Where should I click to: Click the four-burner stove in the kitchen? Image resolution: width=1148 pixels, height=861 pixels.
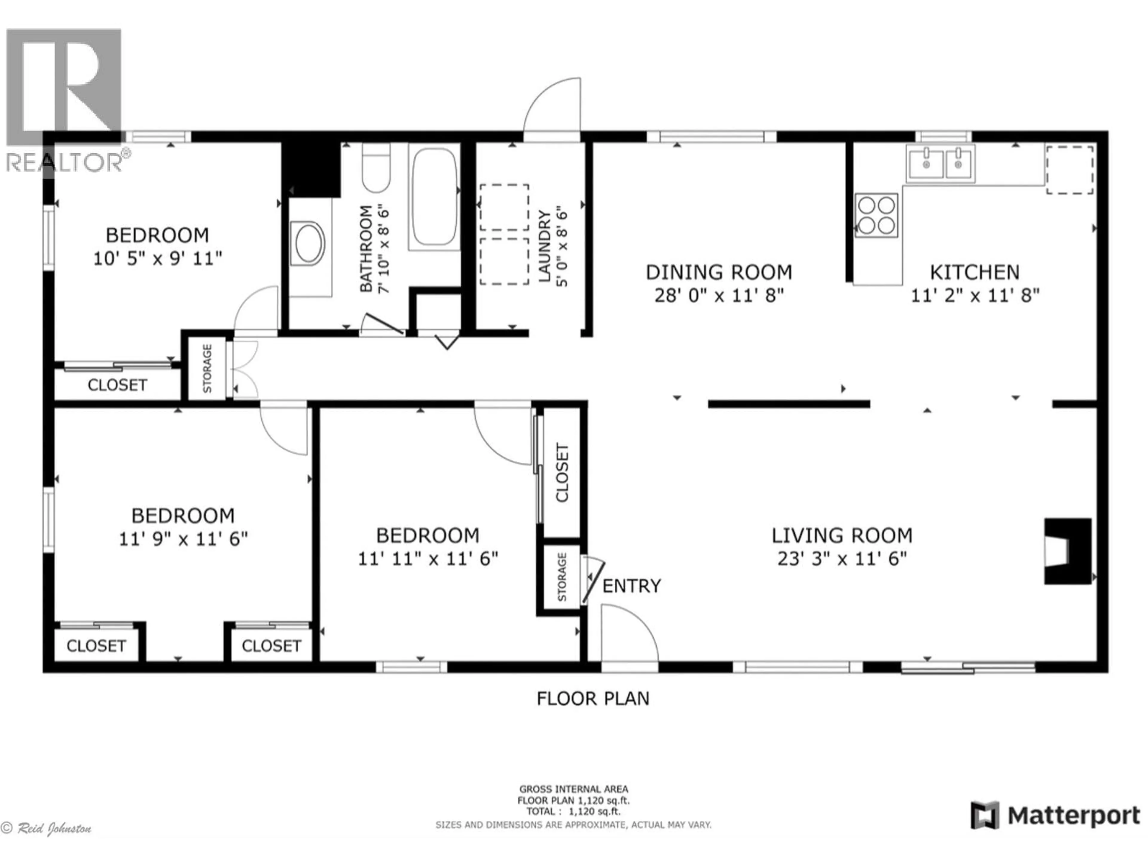876,215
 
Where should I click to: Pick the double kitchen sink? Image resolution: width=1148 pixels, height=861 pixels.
941,164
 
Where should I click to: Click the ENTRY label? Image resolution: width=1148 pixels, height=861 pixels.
631,586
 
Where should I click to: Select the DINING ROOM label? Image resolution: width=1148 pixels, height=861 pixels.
718,272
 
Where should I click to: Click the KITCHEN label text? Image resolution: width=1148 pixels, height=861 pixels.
974,272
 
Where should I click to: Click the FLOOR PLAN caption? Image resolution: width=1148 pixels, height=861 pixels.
593,699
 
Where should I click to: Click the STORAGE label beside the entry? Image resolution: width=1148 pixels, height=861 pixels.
561,577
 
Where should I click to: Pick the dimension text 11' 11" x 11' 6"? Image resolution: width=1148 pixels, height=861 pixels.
428,559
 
